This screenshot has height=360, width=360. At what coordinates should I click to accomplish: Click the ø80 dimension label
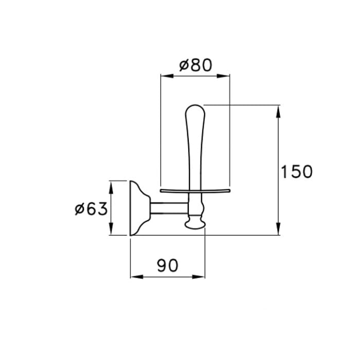(x=195, y=65)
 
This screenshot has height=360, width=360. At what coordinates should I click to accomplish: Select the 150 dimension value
(x=297, y=172)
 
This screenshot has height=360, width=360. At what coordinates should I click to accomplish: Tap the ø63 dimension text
(x=91, y=209)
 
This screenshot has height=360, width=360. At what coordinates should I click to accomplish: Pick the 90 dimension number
(x=168, y=265)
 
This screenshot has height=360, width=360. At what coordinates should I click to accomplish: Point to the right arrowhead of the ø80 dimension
(x=223, y=76)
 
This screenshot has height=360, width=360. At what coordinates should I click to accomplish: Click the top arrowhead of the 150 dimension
(x=278, y=112)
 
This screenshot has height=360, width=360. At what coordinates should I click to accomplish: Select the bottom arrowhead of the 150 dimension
(x=278, y=229)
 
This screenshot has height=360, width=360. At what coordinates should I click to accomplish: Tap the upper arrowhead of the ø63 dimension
(x=111, y=188)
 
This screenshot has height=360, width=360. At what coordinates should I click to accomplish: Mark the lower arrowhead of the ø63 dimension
(x=111, y=229)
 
